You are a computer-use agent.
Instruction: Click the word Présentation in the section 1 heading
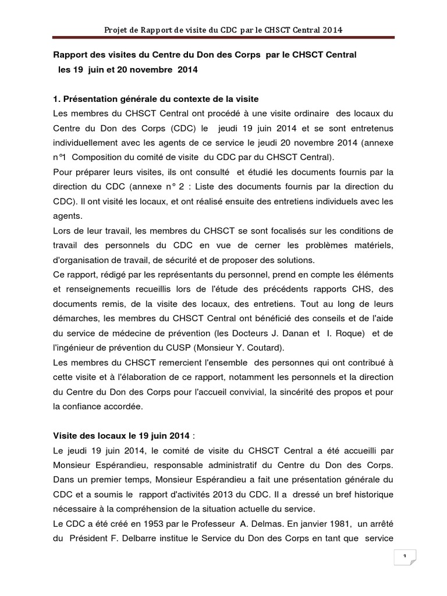(93, 100)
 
